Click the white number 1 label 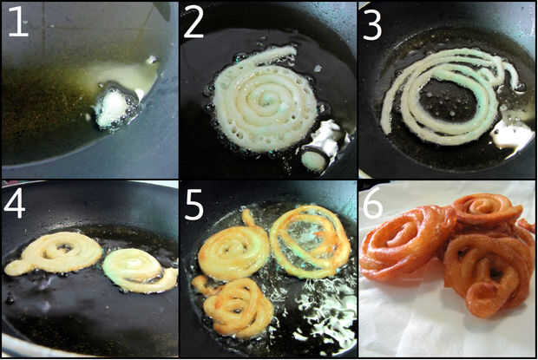[x=18, y=22]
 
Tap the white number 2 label [x=194, y=22]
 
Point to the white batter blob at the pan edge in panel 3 [x=512, y=134]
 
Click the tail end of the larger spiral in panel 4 [x=13, y=268]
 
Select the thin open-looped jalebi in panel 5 [x=310, y=241]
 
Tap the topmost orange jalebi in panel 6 [x=487, y=209]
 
